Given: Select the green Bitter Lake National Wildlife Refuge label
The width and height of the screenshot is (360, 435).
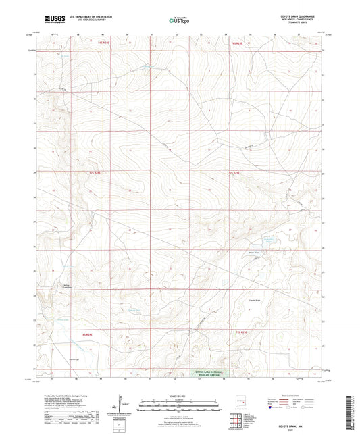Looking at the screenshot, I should coord(207,372).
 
